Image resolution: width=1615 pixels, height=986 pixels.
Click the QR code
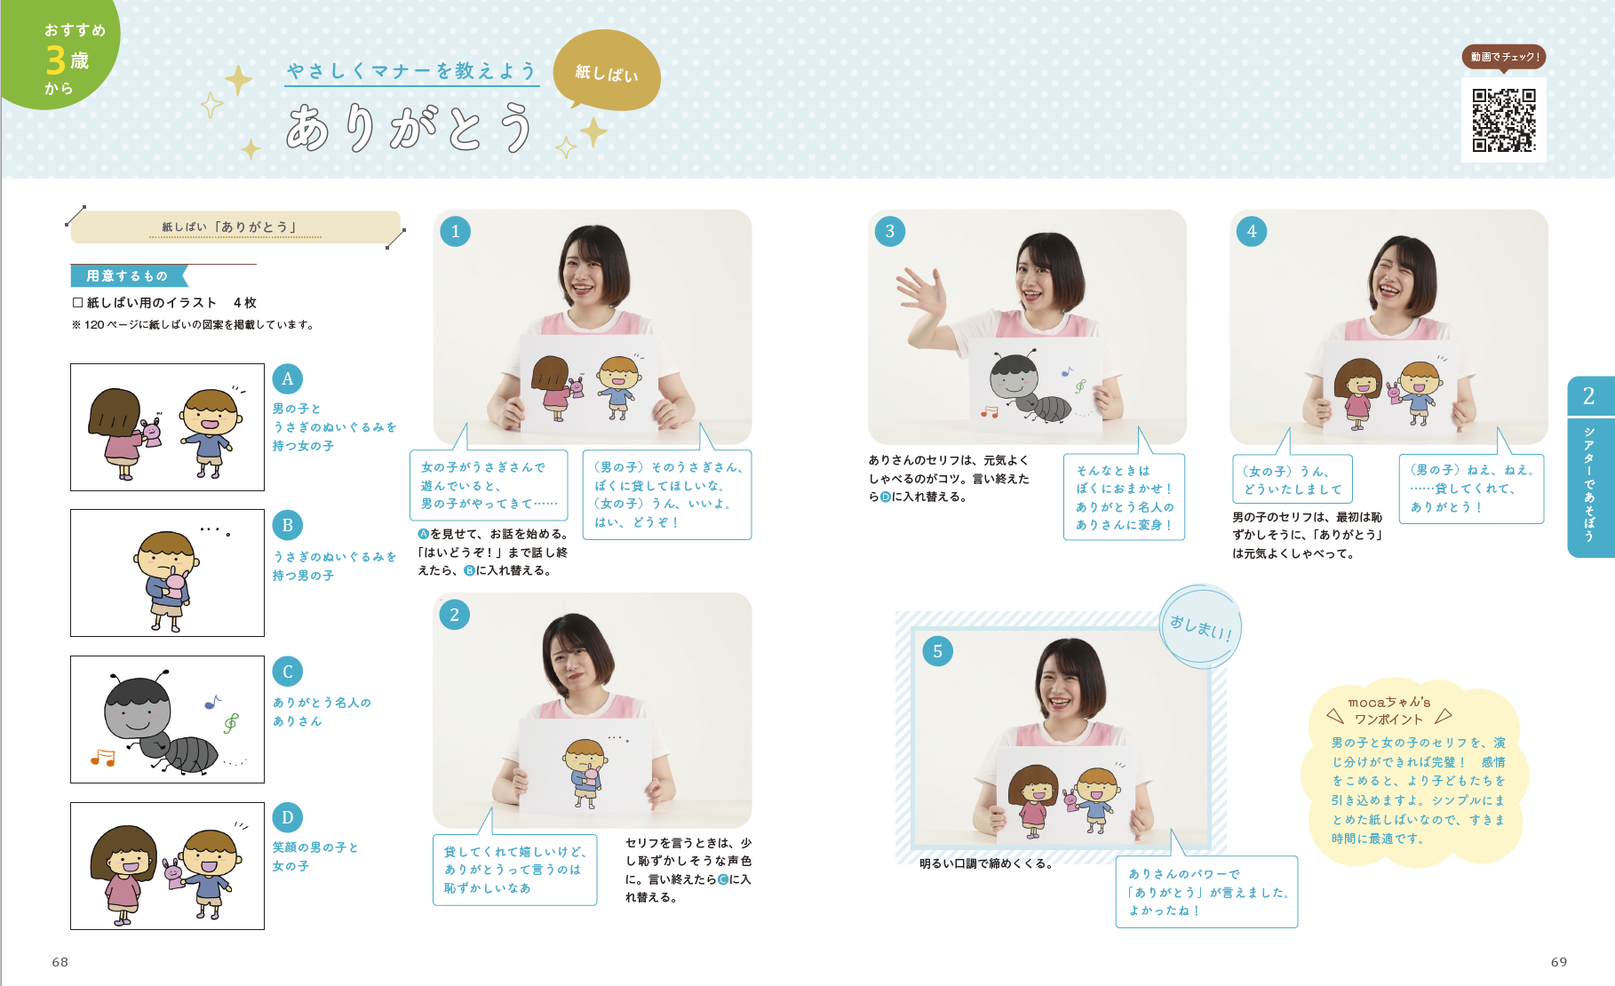(1503, 120)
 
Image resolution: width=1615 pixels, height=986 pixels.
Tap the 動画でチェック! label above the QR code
(1504, 57)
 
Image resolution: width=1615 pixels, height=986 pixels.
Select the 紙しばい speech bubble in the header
(607, 71)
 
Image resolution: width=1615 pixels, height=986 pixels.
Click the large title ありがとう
(410, 127)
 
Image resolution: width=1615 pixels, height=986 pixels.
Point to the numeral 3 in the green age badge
(56, 60)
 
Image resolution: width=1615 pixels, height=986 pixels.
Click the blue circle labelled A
(287, 379)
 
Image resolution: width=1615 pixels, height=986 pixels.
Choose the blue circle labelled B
(287, 525)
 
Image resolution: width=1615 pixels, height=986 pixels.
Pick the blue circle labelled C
(287, 672)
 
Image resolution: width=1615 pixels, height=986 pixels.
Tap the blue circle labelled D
(287, 817)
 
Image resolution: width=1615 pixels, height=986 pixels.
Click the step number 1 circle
(456, 232)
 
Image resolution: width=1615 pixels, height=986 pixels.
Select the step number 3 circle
(890, 232)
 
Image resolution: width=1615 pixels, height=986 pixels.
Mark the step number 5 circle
(937, 651)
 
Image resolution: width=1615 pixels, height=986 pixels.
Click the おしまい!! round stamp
(1201, 626)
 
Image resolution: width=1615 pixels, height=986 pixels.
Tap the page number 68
(60, 962)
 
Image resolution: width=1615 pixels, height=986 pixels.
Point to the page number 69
(1559, 962)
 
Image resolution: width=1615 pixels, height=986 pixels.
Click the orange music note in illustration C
(103, 758)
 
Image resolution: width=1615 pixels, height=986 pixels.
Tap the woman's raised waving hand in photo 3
(923, 293)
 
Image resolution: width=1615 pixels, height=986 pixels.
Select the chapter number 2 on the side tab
(1589, 396)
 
